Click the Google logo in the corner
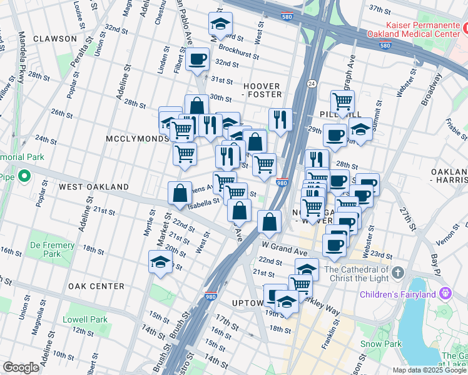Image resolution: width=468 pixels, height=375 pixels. [21, 367]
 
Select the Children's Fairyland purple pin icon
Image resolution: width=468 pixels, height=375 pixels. [445, 292]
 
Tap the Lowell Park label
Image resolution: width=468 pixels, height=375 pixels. [86, 319]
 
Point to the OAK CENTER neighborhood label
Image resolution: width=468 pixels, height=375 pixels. [96, 286]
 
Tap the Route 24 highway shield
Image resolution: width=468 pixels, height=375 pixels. [310, 82]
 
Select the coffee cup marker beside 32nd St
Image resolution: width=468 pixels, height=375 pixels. [198, 60]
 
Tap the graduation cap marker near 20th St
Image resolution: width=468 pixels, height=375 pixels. [160, 262]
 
